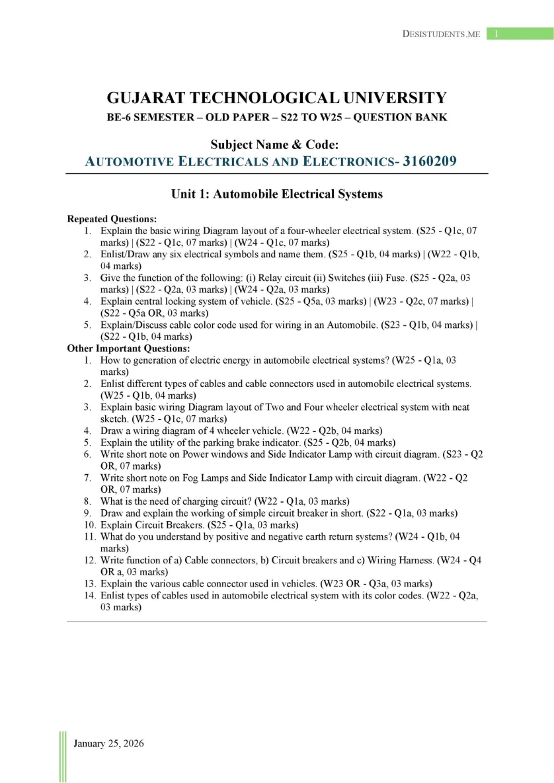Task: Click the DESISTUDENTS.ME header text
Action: click(441, 34)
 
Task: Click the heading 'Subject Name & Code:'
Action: click(277, 144)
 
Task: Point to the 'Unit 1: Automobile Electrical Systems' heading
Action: click(277, 194)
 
